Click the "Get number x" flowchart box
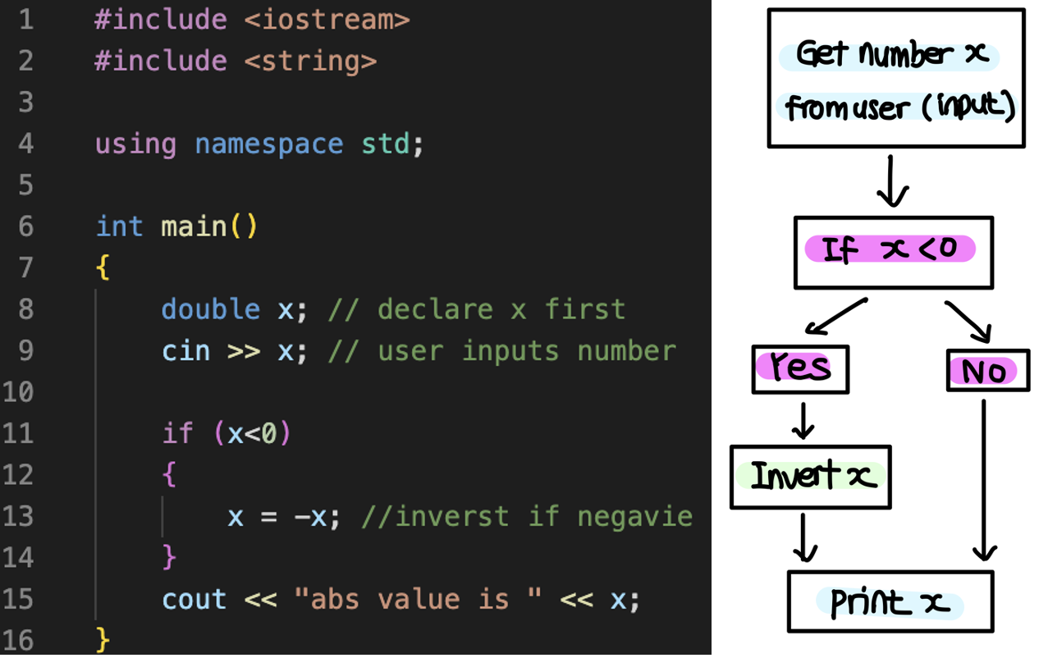[x=895, y=78]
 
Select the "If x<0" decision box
[x=893, y=252]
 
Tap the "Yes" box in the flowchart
[x=800, y=368]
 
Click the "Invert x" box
[x=810, y=476]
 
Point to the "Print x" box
[x=890, y=602]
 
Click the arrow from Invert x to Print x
[x=805, y=537]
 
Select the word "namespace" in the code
[x=268, y=144]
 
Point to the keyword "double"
[x=211, y=310]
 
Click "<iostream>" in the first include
[x=327, y=20]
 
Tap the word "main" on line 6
[x=194, y=226]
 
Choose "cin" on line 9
[x=186, y=351]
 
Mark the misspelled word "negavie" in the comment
[x=634, y=517]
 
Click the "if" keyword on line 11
[x=177, y=434]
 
